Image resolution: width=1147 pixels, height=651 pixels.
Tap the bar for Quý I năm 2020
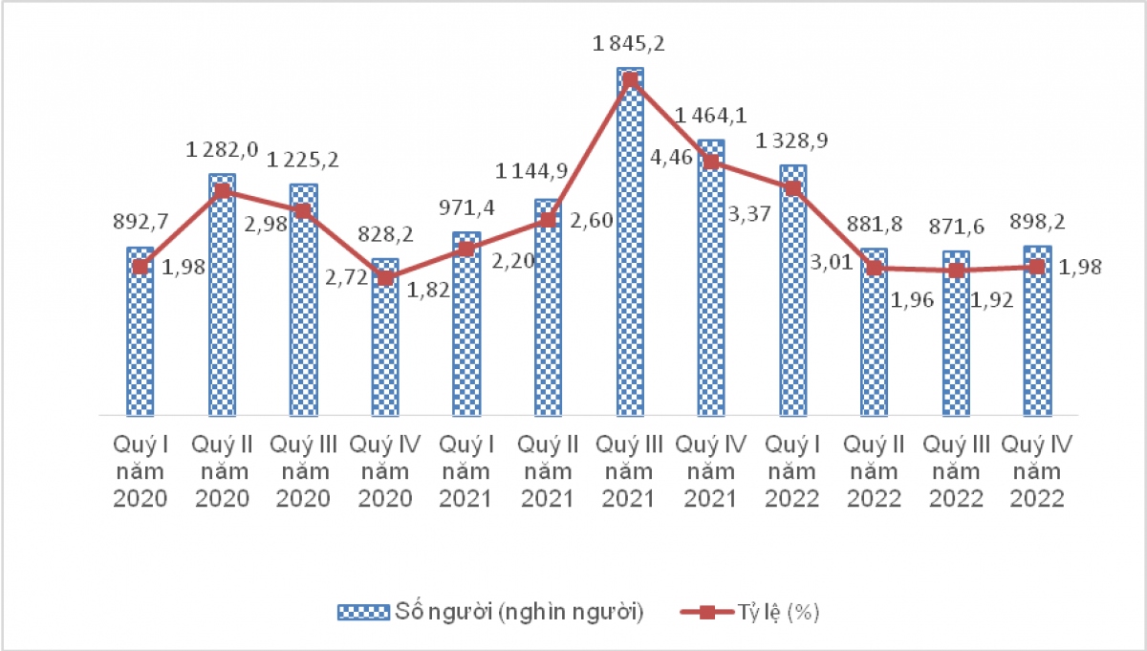141,335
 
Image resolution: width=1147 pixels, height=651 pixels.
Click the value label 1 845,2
630,44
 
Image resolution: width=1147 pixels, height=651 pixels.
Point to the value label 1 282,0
222,149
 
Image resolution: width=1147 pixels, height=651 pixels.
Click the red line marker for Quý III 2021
630,80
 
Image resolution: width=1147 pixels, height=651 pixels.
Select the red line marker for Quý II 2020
222,190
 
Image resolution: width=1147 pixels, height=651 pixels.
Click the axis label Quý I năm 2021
465,471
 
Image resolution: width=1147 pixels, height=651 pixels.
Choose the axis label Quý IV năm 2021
710,471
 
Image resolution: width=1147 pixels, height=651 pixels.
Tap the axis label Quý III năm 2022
955,471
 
